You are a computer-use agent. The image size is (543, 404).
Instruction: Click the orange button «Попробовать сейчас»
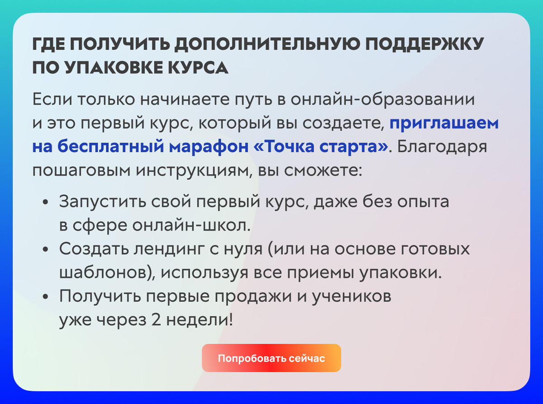(271, 358)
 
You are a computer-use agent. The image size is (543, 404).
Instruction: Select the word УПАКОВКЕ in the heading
(114, 67)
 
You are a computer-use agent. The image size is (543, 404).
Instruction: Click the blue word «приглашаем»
(444, 124)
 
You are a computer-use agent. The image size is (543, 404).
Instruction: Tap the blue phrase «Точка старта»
(321, 147)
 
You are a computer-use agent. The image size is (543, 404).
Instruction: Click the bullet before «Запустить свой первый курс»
(46, 202)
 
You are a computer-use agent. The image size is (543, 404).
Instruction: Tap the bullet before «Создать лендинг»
(46, 250)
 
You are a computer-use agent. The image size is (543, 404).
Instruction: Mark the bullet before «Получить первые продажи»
(46, 297)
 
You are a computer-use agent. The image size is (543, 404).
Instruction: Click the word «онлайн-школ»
(191, 226)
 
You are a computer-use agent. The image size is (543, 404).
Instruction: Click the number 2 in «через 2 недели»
(156, 320)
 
